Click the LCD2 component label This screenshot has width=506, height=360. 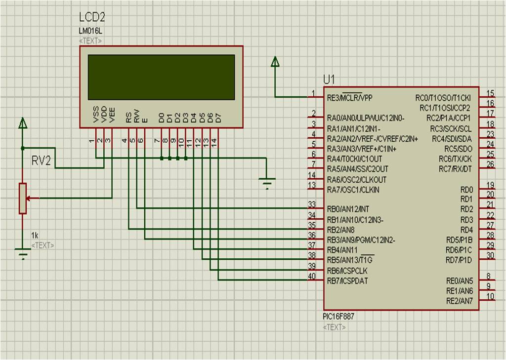click(92, 17)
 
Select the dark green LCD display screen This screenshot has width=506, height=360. click(161, 77)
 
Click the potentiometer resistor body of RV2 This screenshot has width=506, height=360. click(22, 198)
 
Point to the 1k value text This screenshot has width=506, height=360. click(35, 235)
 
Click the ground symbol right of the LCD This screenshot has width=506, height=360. click(267, 184)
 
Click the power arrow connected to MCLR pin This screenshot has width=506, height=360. click(275, 61)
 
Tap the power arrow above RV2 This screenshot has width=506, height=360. click(22, 123)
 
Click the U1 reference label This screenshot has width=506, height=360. click(329, 80)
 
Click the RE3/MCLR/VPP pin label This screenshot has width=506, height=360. click(349, 97)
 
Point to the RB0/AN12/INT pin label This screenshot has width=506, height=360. click(348, 209)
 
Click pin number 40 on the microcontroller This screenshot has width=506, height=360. click(311, 276)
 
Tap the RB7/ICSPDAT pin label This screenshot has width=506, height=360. click(347, 281)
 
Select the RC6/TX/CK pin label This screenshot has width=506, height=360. click(455, 159)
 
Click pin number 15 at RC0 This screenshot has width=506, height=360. click(490, 93)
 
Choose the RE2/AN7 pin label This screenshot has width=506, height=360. click(460, 301)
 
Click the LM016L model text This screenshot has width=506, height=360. click(90, 31)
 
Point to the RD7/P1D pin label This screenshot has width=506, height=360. click(459, 260)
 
